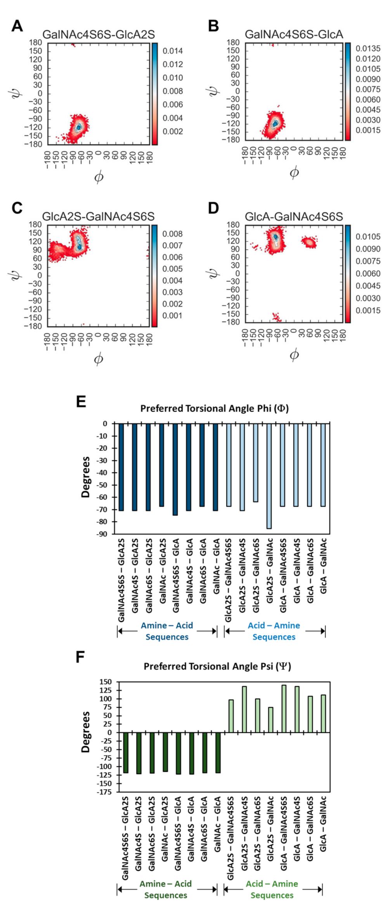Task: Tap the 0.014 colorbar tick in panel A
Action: [x=173, y=51]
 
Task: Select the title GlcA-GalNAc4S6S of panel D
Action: [x=294, y=216]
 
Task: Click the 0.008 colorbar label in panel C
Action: [x=172, y=234]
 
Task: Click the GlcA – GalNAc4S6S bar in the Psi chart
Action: [x=284, y=708]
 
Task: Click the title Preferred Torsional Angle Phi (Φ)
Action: [x=214, y=409]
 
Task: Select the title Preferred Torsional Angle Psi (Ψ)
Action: [x=217, y=666]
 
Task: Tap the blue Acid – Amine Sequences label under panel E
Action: [x=274, y=631]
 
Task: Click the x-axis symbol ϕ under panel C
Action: [x=99, y=359]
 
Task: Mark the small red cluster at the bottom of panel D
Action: [x=277, y=317]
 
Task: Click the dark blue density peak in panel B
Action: [x=275, y=123]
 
